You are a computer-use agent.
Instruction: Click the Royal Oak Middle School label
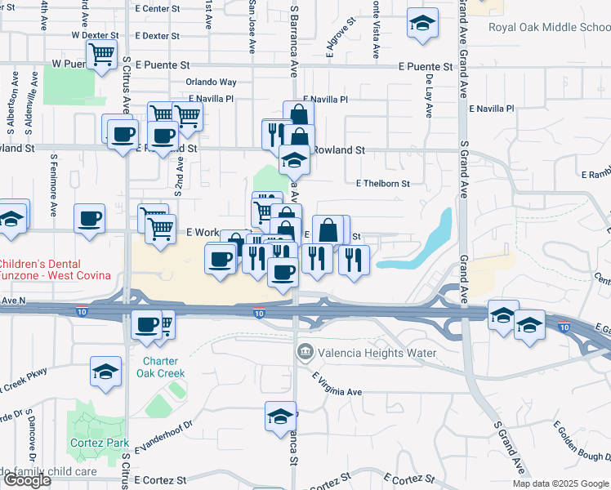point(549,27)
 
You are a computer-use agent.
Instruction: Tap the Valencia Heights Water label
point(377,354)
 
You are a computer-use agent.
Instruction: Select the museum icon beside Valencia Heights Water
point(305,353)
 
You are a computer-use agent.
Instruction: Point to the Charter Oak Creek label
point(163,367)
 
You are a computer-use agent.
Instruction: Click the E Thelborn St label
point(383,184)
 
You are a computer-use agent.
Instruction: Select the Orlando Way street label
point(211,82)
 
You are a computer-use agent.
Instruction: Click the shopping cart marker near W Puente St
point(101,56)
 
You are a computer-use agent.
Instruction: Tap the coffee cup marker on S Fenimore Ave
point(90,219)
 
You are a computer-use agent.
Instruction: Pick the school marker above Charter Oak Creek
point(106,372)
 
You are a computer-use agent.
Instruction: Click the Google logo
point(27,480)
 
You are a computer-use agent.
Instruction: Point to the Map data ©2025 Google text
point(561,483)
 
